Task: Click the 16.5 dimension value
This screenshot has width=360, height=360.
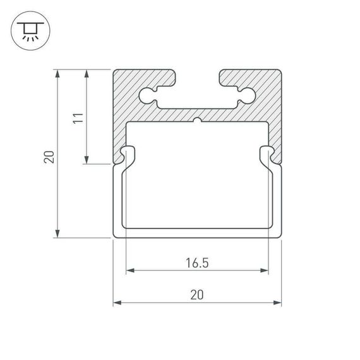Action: pos(197,262)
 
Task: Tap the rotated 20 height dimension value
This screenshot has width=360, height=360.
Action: pos(49,155)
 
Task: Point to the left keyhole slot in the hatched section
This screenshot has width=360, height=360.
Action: pos(149,96)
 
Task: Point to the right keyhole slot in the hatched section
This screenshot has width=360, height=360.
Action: pos(245,96)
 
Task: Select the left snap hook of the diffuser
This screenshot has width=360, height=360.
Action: pos(126,155)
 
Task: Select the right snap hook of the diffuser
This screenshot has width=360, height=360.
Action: pos(268,155)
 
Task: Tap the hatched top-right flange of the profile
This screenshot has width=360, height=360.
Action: pos(250,77)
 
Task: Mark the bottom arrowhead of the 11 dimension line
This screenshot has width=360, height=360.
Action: pos(87,160)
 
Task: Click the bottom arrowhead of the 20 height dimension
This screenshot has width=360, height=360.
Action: pos(58,233)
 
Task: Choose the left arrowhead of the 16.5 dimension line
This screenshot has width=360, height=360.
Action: pos(130,271)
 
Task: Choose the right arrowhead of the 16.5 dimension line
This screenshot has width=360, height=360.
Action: pos(265,271)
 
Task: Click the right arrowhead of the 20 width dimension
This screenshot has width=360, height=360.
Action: pos(277,303)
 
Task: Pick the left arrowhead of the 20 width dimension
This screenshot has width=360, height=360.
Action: pos(117,303)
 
